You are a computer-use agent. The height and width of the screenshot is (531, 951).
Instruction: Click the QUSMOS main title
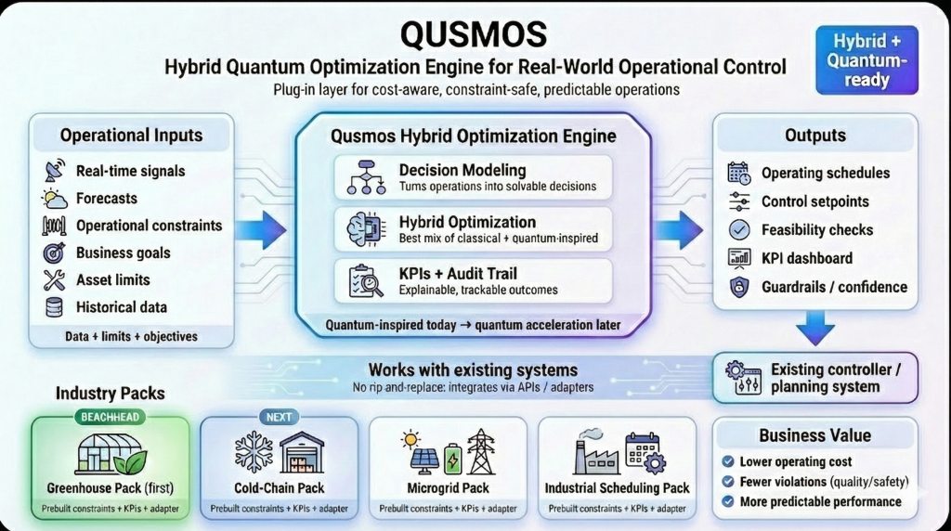[475, 33]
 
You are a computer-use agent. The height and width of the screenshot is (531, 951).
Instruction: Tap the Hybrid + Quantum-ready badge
[866, 59]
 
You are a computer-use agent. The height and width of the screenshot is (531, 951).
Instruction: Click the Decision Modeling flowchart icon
[366, 177]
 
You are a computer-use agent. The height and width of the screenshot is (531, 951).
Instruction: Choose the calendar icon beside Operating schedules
[739, 173]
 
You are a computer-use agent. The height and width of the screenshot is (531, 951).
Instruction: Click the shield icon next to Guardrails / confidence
[739, 287]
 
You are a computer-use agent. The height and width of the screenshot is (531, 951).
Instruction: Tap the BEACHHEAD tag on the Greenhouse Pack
[111, 417]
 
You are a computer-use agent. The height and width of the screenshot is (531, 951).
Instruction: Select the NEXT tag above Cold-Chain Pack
[279, 417]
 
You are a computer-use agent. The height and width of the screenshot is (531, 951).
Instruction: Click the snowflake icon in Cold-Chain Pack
[254, 452]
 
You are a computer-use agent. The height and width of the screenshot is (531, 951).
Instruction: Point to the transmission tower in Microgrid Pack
[481, 452]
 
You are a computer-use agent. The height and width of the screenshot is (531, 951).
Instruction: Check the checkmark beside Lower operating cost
[728, 461]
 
